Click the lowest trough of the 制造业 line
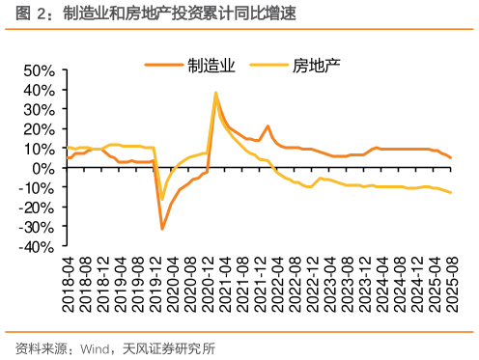[162, 229]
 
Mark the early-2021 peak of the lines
[215, 94]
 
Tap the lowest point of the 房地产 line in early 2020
[162, 200]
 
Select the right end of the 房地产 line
[451, 192]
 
